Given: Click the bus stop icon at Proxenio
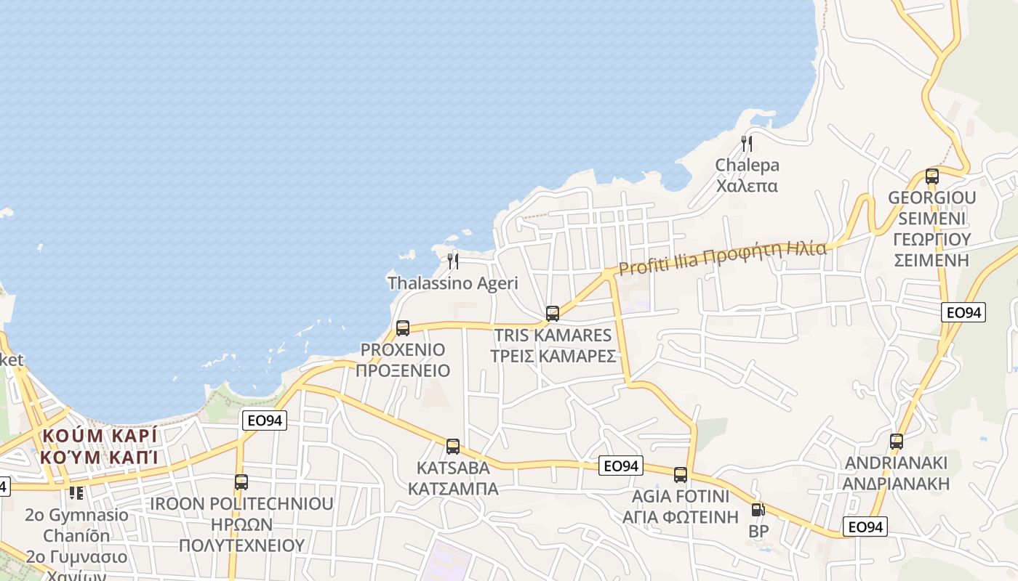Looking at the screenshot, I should [x=403, y=328].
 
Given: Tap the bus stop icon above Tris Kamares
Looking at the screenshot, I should [x=553, y=314].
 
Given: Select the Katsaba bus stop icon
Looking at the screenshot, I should [x=453, y=447].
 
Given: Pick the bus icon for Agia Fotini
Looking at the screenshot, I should [x=681, y=475].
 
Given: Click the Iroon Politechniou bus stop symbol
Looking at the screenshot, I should [x=241, y=482].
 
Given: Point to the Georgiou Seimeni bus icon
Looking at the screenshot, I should [x=932, y=176].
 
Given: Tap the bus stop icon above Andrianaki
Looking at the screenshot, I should [x=897, y=441].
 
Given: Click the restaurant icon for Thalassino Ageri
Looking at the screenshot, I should [x=453, y=261].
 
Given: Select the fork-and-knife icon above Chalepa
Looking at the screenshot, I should [x=747, y=143].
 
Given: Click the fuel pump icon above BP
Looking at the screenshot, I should [x=758, y=511].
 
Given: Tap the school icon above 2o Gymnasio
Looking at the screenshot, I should [x=76, y=492].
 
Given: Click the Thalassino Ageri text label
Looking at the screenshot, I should [x=453, y=283].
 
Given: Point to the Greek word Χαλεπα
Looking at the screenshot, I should [x=747, y=186].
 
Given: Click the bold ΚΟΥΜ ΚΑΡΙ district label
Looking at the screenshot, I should [x=99, y=436].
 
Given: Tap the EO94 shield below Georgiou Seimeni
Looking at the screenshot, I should [x=963, y=312].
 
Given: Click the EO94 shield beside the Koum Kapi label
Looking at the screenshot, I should [x=265, y=420].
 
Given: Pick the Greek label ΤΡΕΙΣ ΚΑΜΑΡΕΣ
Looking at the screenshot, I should [x=553, y=356].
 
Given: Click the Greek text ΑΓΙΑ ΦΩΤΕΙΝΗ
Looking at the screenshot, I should [x=681, y=517].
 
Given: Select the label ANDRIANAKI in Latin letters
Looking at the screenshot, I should [x=897, y=463].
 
